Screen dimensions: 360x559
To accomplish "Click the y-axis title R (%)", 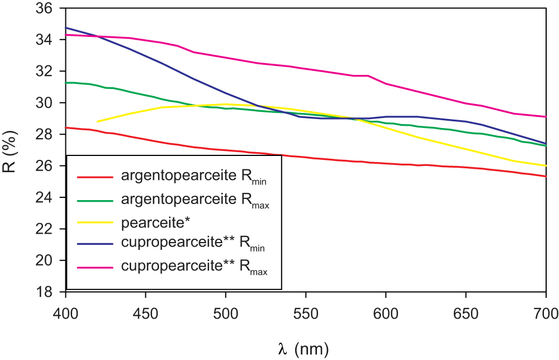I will [12, 150].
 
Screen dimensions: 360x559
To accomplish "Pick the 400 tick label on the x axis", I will [66, 311].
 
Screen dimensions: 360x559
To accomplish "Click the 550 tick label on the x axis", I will [306, 311].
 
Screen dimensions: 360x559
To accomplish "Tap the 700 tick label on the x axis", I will [546, 311].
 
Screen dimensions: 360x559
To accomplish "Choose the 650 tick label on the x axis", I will [466, 311].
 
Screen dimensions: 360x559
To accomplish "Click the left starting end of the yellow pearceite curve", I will [97, 121].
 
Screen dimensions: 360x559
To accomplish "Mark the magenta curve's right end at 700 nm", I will [546, 116].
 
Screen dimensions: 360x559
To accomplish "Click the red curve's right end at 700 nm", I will [546, 176].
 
